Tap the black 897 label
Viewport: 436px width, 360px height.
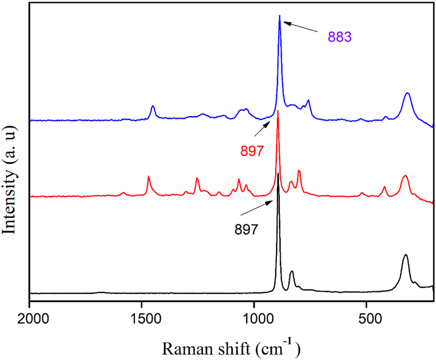coord(246,229)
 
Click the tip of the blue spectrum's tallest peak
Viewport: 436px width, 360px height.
coord(280,16)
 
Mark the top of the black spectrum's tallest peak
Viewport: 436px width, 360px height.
coord(278,173)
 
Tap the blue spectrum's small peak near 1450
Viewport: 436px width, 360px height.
coord(153,106)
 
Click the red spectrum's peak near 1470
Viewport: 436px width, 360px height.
coord(148,177)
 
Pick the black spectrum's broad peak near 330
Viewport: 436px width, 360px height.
coord(405,255)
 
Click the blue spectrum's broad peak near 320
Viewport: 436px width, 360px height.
coord(408,93)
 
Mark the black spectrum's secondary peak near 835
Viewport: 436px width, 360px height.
coord(292,272)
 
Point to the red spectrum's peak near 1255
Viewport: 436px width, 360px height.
coord(197,178)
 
